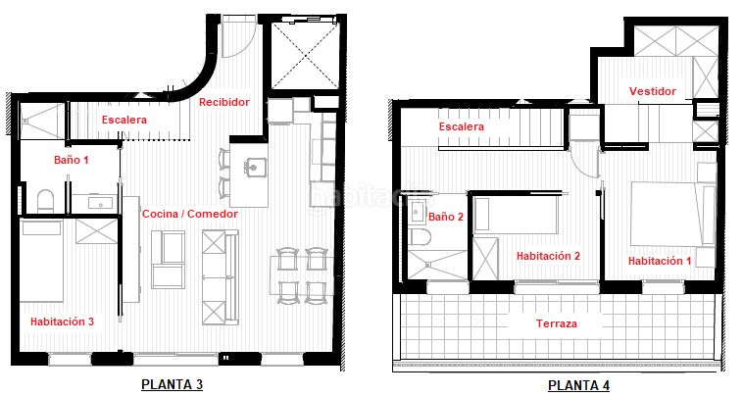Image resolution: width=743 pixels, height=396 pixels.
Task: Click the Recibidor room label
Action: click(224, 102)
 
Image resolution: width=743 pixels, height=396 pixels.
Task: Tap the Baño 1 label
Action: click(72, 160)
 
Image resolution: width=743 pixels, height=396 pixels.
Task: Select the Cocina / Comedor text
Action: click(190, 214)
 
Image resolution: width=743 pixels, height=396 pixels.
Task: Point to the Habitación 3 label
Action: click(62, 322)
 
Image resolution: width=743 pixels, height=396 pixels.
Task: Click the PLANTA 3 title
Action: click(172, 384)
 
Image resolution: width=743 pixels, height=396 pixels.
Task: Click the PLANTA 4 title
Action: click(578, 385)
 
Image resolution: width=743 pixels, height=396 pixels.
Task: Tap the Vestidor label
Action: click(653, 91)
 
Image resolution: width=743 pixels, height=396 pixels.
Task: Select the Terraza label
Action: click(557, 324)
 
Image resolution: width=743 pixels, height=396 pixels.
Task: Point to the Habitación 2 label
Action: click(548, 256)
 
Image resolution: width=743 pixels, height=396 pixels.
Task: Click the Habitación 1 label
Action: click(660, 261)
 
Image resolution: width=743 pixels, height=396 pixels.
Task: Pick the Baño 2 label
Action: click(446, 217)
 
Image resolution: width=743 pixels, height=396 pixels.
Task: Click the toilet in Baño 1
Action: click(45, 201)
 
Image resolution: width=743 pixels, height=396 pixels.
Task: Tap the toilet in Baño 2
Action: click(419, 237)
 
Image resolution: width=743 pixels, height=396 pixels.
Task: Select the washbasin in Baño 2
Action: click(417, 212)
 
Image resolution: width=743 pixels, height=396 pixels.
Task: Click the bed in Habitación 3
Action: click(42, 261)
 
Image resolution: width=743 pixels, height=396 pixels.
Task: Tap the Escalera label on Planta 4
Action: click(461, 127)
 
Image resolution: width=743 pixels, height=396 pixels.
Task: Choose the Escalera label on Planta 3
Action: click(124, 120)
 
